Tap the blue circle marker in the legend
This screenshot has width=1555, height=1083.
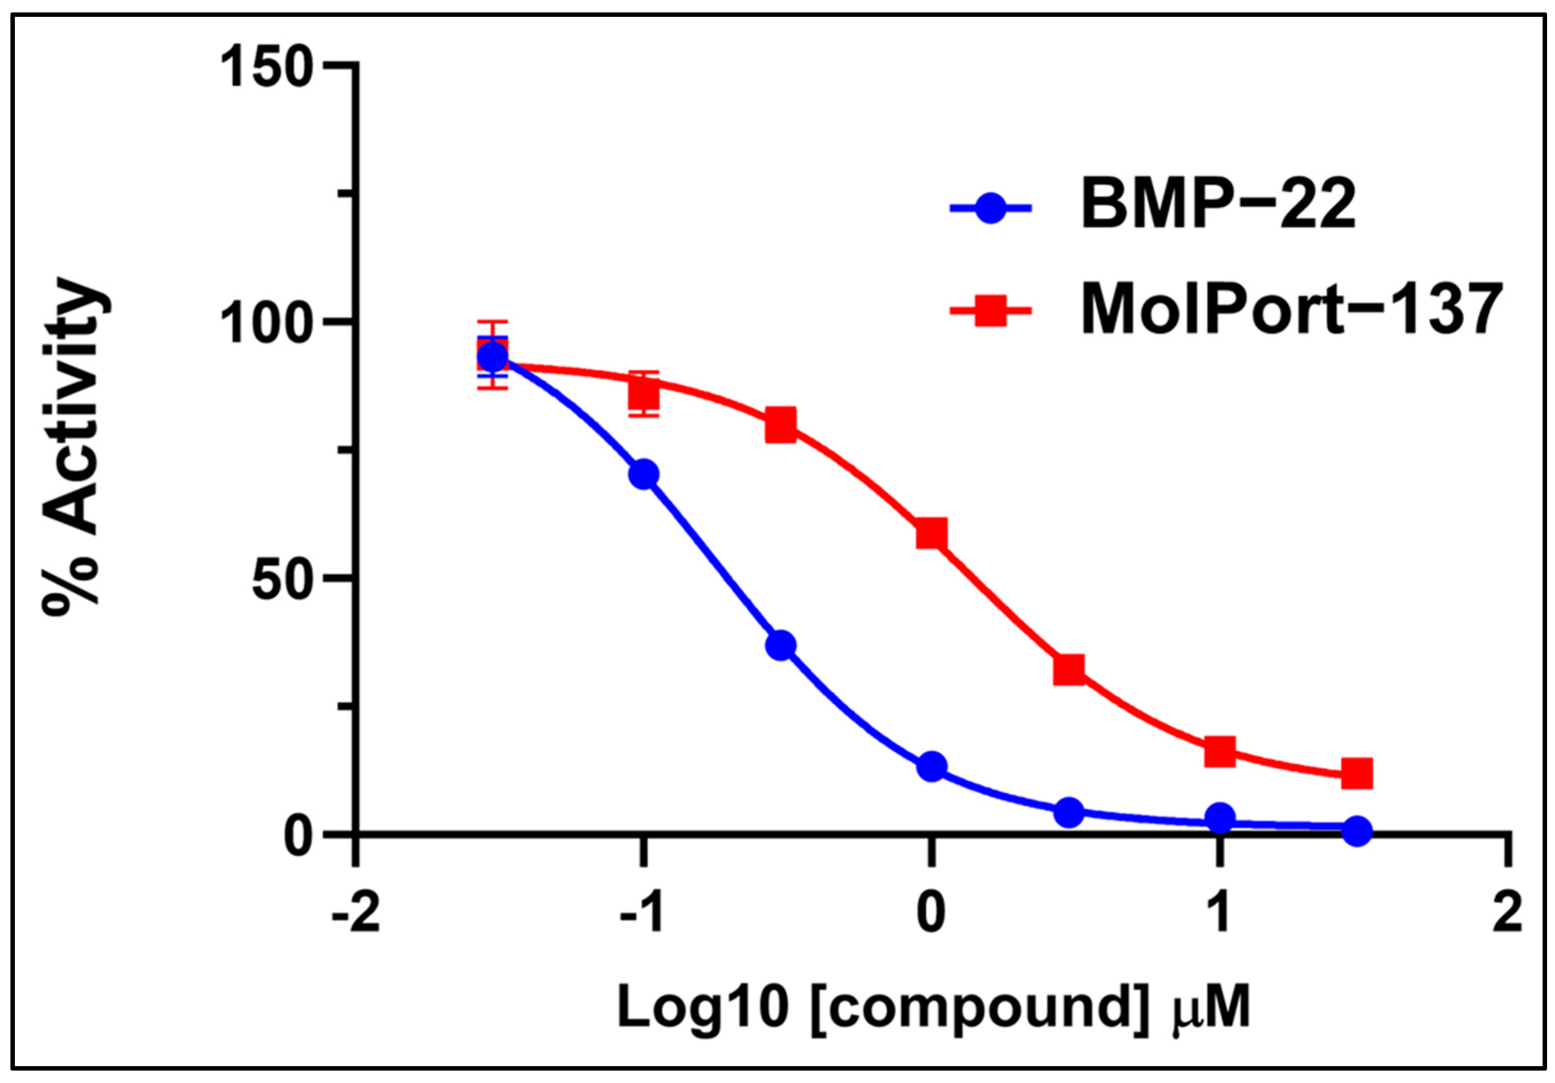(x=990, y=209)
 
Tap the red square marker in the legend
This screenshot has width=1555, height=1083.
(x=990, y=311)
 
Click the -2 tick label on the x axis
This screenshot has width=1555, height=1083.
(x=355, y=914)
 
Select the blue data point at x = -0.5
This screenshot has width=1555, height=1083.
(x=781, y=645)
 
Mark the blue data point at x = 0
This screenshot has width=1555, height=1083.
(x=932, y=766)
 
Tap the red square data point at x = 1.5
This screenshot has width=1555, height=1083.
(x=1356, y=773)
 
